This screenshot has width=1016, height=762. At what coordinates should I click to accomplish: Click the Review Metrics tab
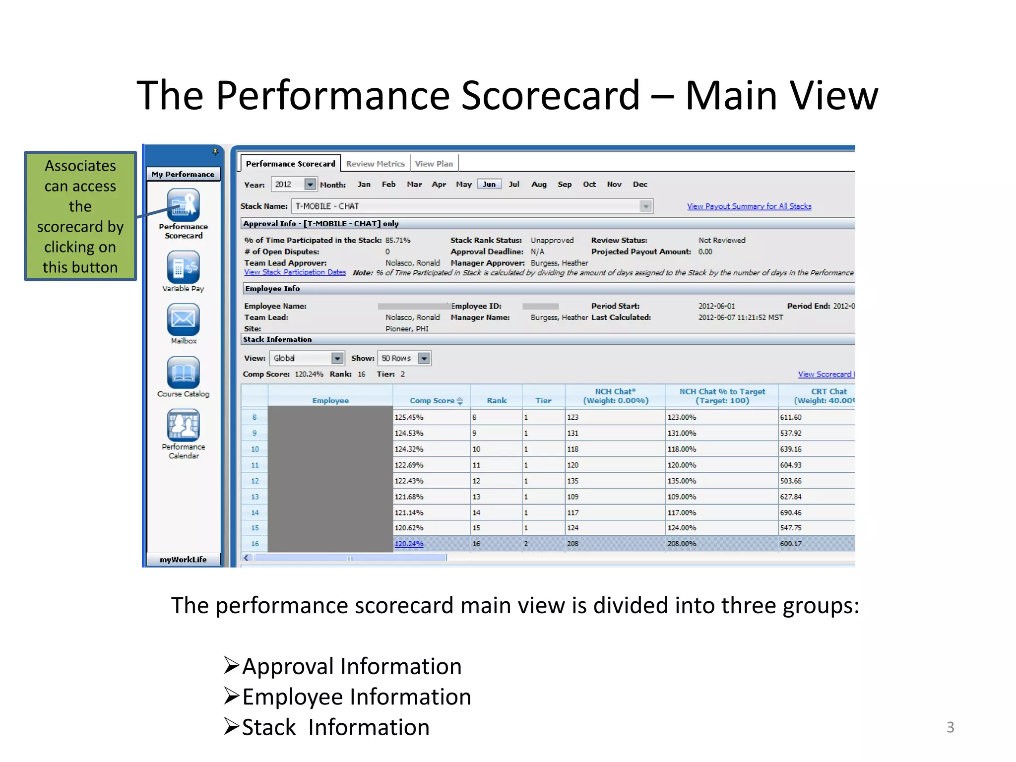[375, 164]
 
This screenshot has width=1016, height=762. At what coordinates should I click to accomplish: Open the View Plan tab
[434, 164]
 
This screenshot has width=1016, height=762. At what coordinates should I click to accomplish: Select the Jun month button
[489, 184]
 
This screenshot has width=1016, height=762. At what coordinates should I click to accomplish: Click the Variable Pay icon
[183, 267]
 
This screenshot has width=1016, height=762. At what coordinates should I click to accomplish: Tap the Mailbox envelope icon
[183, 319]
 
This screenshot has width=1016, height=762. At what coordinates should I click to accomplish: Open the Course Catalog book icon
[183, 372]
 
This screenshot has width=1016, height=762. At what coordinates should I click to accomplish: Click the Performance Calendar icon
[183, 425]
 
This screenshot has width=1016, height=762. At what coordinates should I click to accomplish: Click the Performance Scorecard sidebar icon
[183, 205]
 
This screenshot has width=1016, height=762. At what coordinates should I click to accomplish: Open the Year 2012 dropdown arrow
[310, 185]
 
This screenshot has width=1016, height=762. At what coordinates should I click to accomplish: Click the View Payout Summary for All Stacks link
[749, 206]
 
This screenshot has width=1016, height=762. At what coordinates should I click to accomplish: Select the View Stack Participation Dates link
[295, 272]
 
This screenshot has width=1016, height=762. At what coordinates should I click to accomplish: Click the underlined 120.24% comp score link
[409, 544]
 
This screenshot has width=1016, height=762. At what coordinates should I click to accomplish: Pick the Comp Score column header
[432, 400]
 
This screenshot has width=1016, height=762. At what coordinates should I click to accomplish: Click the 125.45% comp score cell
[409, 417]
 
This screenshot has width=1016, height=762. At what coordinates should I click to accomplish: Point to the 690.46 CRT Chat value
[791, 512]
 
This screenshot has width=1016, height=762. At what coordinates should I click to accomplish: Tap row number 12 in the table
[255, 481]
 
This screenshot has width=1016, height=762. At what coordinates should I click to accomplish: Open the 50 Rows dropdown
[424, 358]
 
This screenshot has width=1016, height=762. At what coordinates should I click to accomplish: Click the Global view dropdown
[337, 358]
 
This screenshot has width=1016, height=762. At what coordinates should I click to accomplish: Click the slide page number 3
[950, 727]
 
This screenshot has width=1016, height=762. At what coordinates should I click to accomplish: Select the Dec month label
[640, 184]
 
